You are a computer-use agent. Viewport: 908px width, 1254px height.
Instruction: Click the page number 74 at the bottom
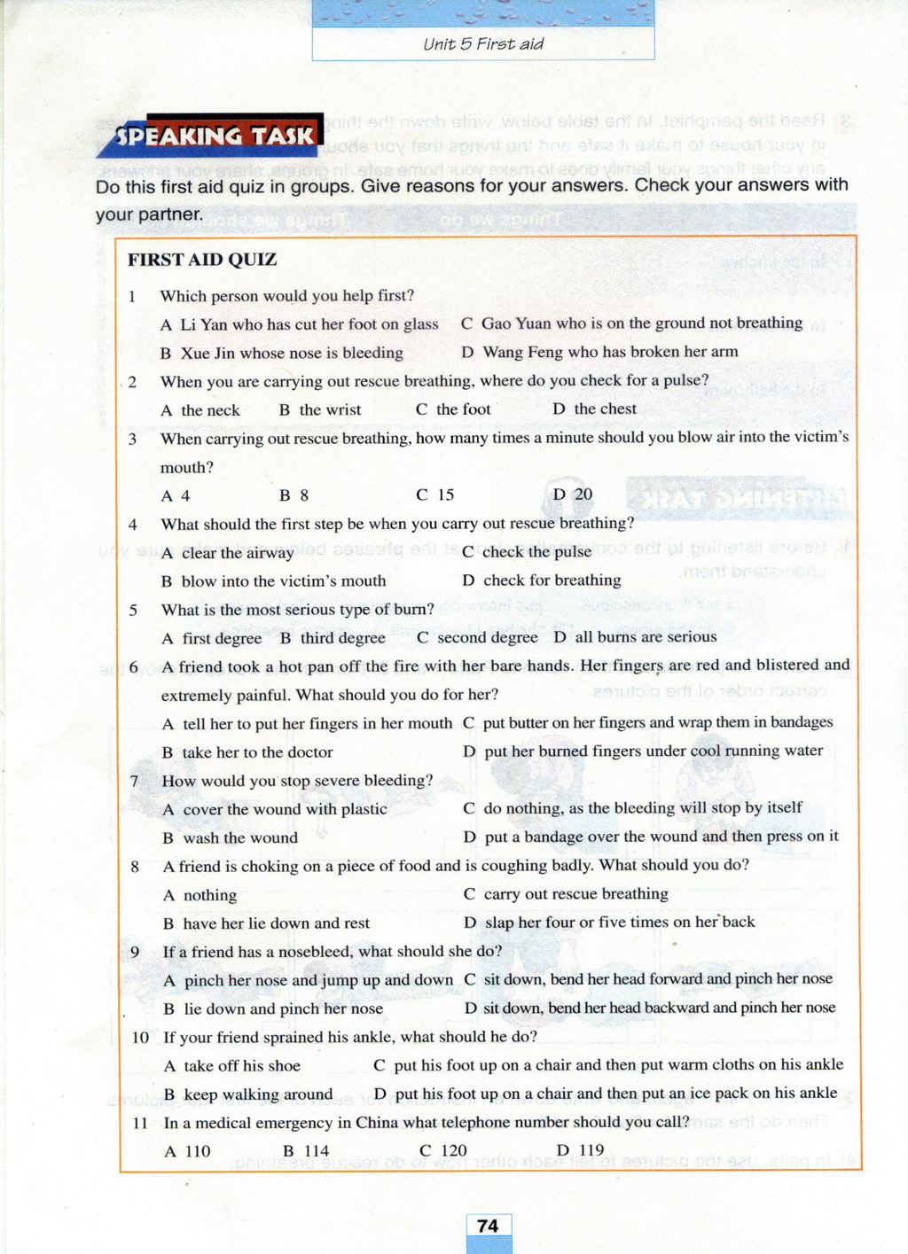click(488, 1226)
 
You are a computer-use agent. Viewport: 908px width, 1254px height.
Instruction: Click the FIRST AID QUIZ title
click(202, 260)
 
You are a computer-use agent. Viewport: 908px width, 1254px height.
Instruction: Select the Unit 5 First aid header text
click(483, 44)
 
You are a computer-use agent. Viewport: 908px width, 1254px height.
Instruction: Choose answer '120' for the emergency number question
click(453, 1150)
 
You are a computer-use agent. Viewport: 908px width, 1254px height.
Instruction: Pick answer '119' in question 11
click(591, 1150)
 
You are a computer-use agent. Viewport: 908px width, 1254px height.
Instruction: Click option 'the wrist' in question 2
click(330, 409)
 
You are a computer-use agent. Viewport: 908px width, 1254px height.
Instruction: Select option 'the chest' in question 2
click(605, 409)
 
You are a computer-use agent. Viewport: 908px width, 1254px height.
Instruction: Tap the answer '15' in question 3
click(445, 495)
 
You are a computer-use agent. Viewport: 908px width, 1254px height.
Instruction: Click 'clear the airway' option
click(238, 553)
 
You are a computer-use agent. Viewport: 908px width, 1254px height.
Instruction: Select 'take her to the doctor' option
click(257, 752)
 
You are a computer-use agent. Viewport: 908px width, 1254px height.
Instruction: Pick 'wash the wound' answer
click(240, 837)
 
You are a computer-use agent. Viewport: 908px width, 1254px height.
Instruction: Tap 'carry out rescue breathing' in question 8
click(575, 894)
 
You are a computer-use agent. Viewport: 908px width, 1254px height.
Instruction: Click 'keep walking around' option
click(258, 1094)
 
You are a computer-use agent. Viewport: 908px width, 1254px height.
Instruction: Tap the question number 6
click(134, 667)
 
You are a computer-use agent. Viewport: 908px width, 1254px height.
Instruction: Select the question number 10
click(140, 1037)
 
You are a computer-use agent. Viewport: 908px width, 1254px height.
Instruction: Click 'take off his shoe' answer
click(241, 1066)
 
